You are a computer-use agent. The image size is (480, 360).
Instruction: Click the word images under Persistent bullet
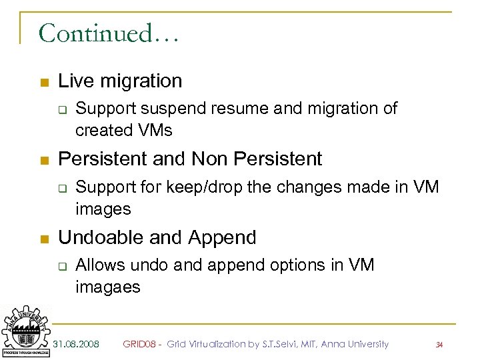(103, 209)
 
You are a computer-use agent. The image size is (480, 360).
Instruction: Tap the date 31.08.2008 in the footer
(77, 344)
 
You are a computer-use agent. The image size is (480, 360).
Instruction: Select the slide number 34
(439, 345)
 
